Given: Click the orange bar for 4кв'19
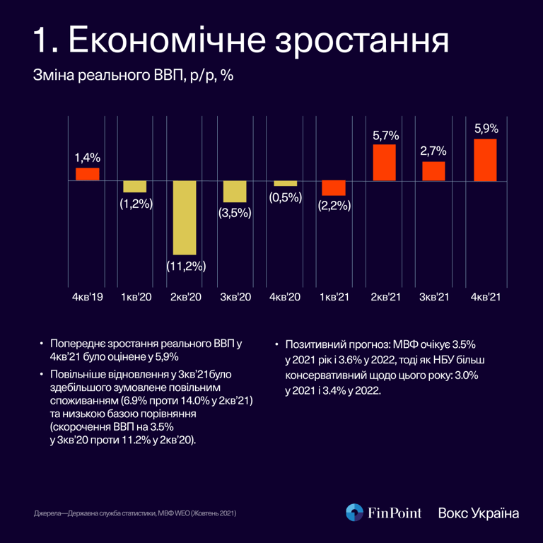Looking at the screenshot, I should click(88, 174).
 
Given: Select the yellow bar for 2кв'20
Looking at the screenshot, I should click(185, 217).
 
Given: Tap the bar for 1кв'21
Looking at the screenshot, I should click(334, 187).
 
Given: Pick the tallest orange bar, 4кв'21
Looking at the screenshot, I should click(485, 160).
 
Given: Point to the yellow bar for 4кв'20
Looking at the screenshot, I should click(286, 183).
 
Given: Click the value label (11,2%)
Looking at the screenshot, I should click(186, 267).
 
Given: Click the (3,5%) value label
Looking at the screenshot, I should click(235, 212).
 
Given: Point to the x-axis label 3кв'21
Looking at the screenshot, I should click(435, 298).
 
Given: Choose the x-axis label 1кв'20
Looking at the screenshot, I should click(137, 298).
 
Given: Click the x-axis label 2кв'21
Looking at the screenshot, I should click(385, 298).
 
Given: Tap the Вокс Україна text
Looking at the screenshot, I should click(479, 513).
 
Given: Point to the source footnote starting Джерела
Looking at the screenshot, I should click(135, 512).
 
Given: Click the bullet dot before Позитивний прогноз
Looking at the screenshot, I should click(276, 346).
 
